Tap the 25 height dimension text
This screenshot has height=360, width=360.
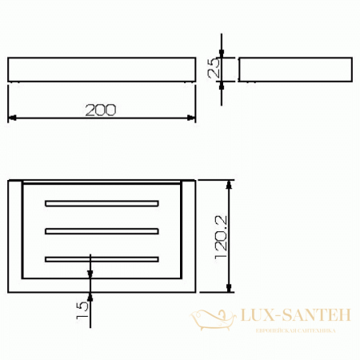pyautogui.click(x=214, y=70)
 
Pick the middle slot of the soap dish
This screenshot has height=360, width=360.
pyautogui.click(x=102, y=230)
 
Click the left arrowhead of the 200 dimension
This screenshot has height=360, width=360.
pyautogui.click(x=12, y=118)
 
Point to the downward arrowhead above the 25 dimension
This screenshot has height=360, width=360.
pyautogui.click(x=222, y=53)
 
